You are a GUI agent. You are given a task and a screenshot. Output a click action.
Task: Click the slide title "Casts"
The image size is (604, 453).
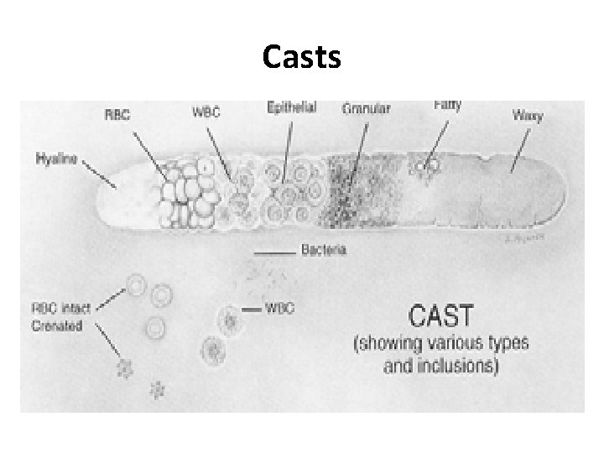(301, 57)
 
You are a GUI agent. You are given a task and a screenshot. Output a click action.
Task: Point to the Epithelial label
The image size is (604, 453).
(291, 108)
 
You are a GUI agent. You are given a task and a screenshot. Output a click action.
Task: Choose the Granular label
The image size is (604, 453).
(367, 109)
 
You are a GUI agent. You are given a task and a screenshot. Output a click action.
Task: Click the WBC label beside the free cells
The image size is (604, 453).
(279, 308)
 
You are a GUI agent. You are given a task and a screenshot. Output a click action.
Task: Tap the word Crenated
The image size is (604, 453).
(57, 325)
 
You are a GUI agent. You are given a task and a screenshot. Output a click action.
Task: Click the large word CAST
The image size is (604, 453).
(440, 318)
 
